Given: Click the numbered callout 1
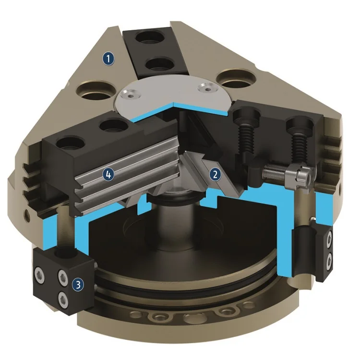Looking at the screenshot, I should pos(109,59).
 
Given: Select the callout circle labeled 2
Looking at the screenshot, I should pos(216,174).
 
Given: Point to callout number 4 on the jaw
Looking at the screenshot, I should pos(109,175).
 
